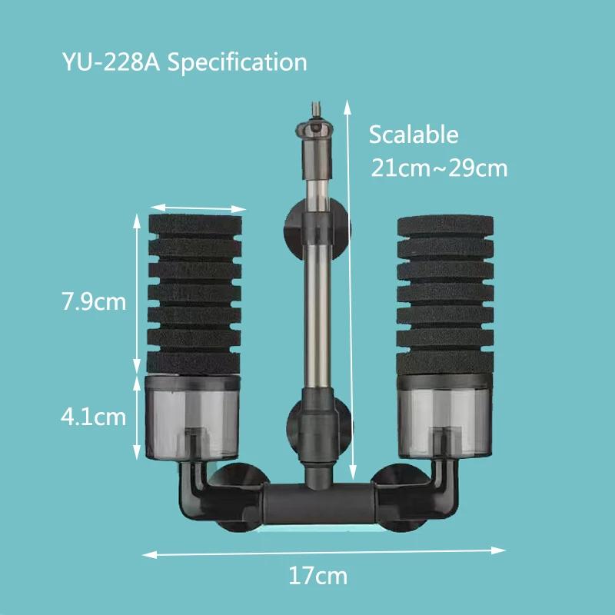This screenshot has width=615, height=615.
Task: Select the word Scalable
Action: click(414, 135)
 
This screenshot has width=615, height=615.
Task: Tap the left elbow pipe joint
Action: click(194, 484)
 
